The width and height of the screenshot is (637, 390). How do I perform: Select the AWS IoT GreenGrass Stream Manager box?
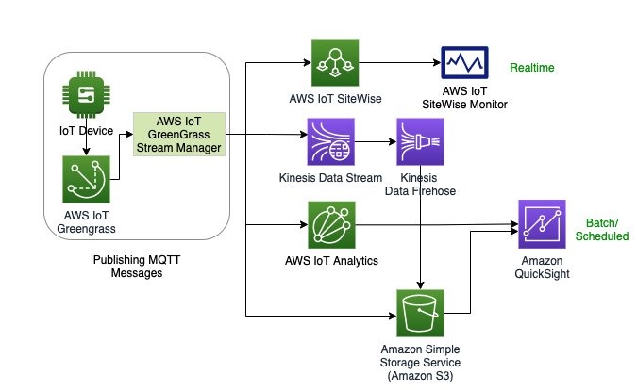point(179,134)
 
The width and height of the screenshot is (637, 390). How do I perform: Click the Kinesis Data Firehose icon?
point(420,143)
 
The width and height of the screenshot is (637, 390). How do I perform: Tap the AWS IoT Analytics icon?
point(331,224)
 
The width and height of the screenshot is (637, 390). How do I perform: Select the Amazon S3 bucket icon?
point(418,313)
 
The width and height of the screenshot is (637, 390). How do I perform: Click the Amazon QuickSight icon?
point(541,223)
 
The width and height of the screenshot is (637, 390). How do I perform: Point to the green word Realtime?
point(532,68)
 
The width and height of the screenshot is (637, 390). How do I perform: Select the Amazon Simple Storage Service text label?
point(419,362)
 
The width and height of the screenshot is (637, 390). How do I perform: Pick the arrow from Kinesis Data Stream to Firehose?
point(375,143)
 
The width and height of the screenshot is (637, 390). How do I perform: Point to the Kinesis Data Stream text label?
point(330,177)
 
